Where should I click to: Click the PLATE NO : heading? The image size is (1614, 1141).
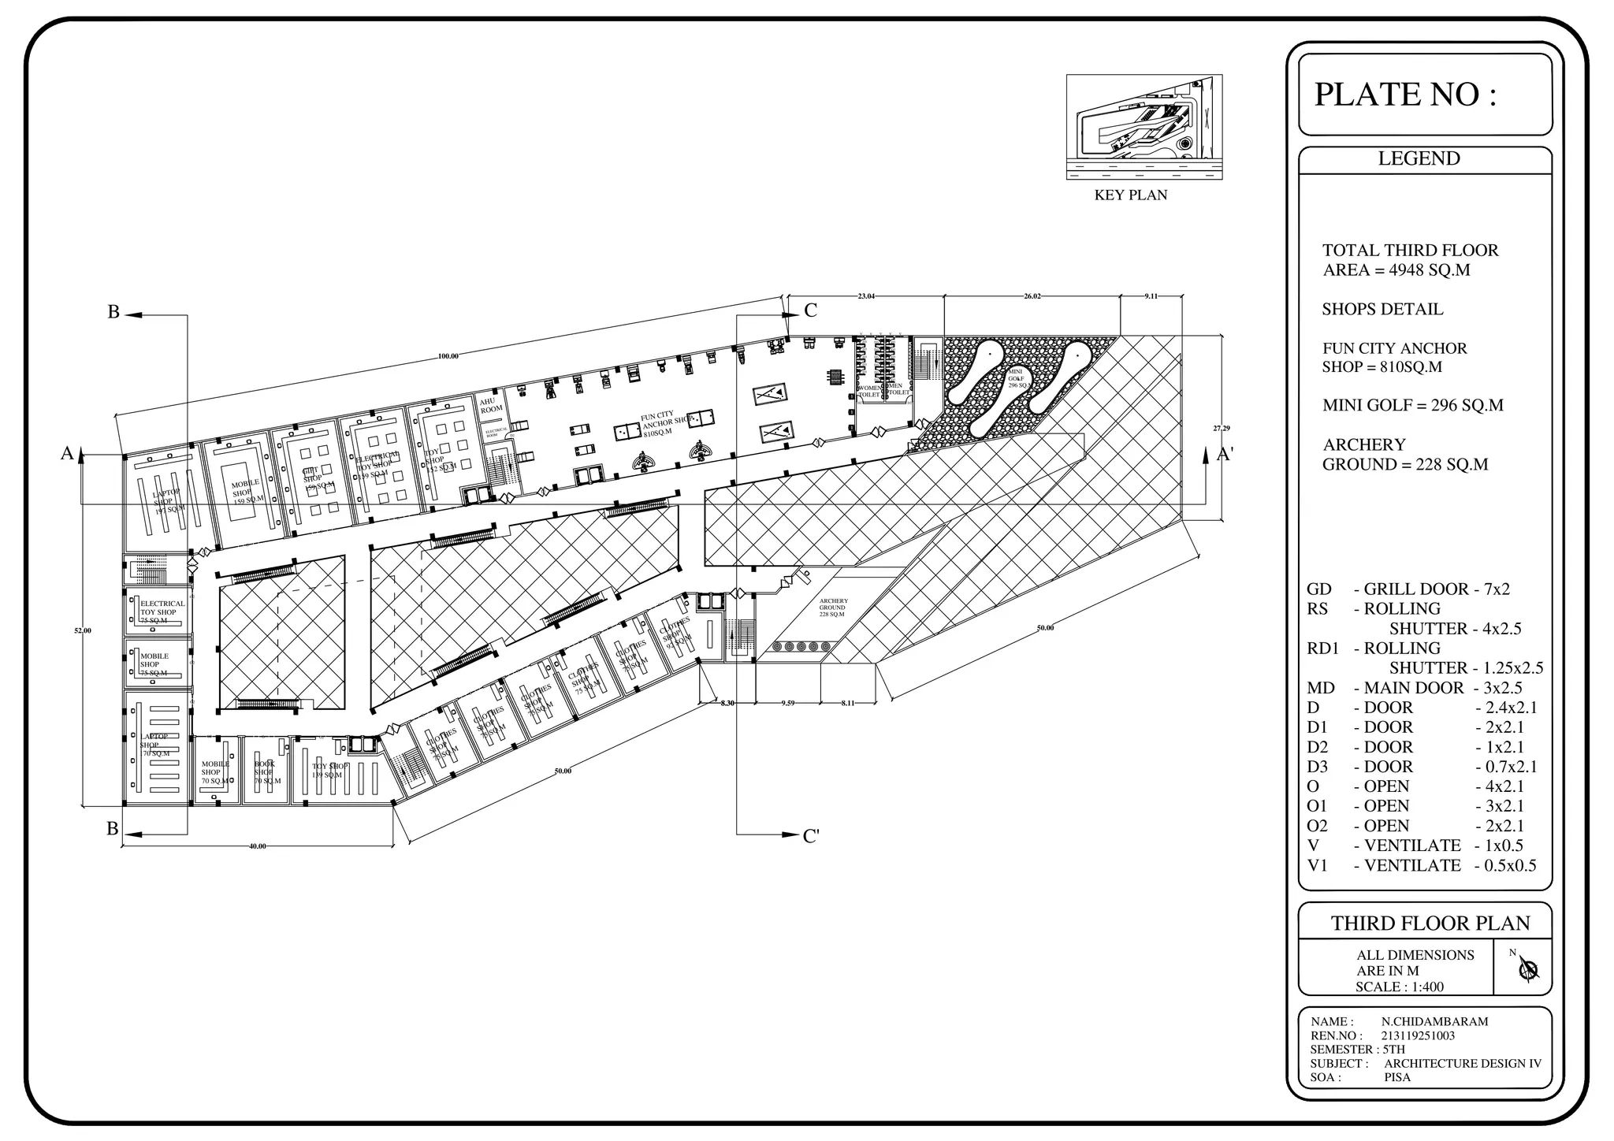tap(1404, 95)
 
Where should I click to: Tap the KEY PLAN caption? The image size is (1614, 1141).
tap(1130, 195)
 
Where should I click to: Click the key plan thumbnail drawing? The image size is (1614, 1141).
tap(1144, 126)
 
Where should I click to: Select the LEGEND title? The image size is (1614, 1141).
tap(1419, 158)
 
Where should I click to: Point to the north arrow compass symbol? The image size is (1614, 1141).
tap(1530, 969)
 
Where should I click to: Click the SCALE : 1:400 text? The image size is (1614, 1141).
tap(1400, 987)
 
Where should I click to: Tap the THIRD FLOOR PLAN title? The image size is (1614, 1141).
tap(1430, 923)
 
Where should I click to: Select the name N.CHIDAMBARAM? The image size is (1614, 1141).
tap(1434, 1021)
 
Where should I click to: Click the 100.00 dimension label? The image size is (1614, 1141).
tap(448, 357)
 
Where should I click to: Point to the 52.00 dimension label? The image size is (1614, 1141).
tap(83, 630)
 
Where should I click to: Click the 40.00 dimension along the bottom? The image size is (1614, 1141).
tap(258, 846)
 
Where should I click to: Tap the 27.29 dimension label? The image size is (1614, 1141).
tap(1221, 428)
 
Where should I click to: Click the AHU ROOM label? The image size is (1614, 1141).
tap(491, 405)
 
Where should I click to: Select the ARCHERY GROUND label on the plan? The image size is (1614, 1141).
tap(832, 608)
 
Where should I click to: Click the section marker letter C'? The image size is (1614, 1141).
tap(811, 836)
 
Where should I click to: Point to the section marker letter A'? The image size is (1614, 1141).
tap(1225, 455)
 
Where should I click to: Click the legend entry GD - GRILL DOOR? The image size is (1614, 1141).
tap(1408, 589)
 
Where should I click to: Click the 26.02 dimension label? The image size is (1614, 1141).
tap(1032, 296)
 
